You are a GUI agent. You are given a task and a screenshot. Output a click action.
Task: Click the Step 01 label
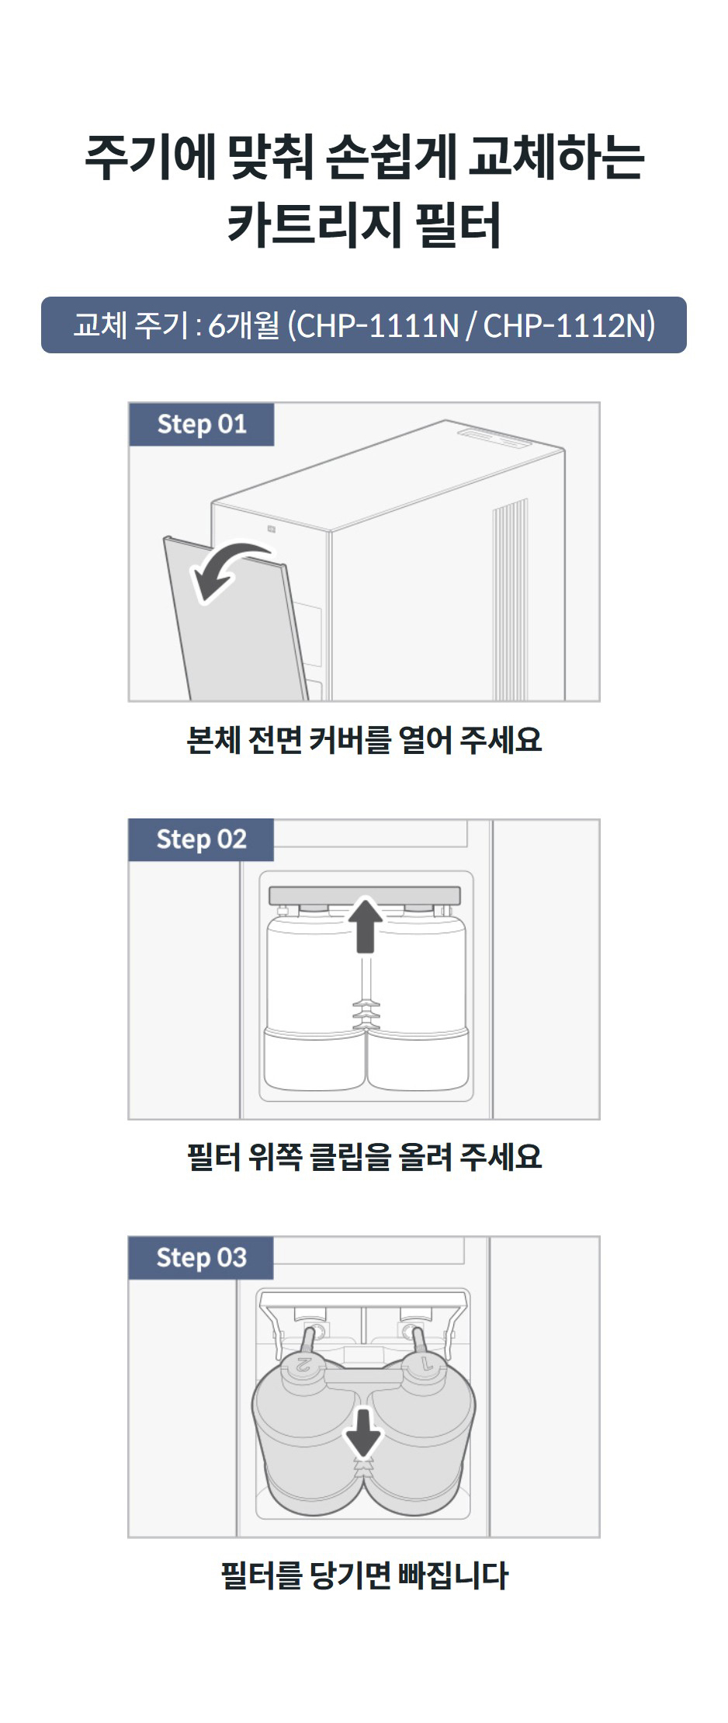click(201, 424)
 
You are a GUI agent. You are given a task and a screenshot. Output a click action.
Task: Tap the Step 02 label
click(201, 839)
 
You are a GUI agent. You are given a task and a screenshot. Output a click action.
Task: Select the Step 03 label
click(201, 1257)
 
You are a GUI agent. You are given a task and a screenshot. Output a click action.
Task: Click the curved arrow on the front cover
click(227, 571)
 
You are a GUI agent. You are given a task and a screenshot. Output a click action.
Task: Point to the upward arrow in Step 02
click(365, 924)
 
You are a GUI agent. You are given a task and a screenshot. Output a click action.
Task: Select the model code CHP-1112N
click(569, 325)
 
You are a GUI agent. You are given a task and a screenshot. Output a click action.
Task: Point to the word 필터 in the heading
click(458, 224)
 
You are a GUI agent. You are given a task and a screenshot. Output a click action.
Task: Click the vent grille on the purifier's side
click(510, 598)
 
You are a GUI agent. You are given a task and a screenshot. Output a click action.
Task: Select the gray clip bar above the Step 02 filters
click(364, 895)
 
